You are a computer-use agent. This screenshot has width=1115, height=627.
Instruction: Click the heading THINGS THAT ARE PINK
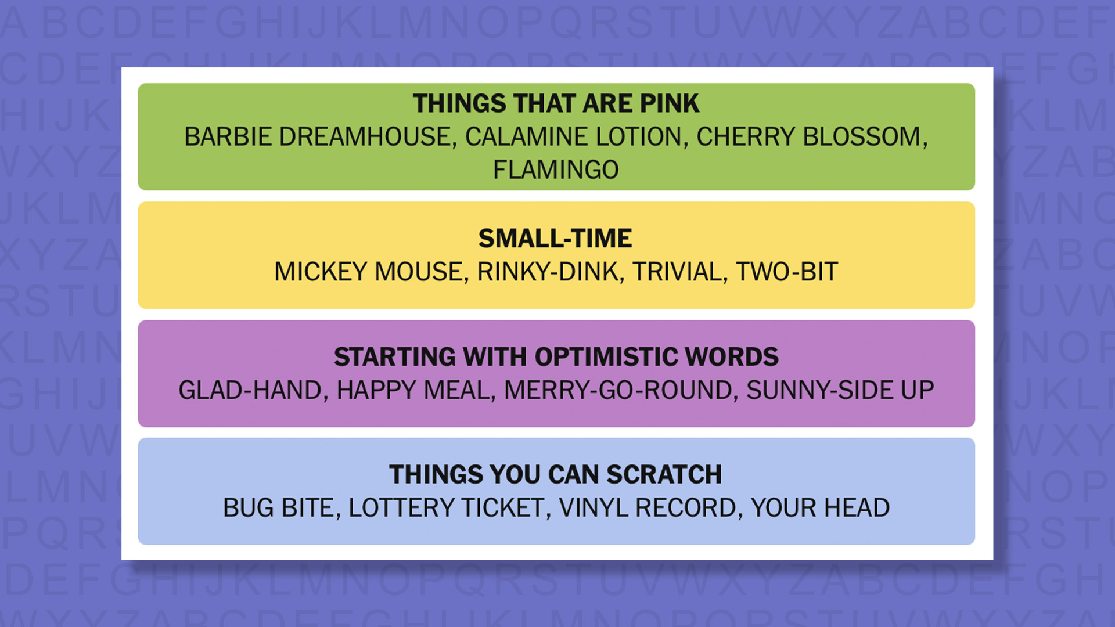tap(556, 103)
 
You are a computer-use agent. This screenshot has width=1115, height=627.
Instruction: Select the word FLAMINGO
tap(556, 170)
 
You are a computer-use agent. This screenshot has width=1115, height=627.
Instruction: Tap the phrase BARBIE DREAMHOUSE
tap(317, 137)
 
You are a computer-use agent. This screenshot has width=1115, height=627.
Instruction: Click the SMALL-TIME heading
tap(555, 239)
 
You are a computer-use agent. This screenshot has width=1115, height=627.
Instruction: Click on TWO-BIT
tap(787, 272)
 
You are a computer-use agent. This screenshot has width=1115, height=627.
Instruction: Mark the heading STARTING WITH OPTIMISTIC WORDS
tap(556, 357)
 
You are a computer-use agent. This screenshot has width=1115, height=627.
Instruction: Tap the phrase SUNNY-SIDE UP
tap(840, 390)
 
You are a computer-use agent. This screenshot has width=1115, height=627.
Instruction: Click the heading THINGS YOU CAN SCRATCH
tap(556, 475)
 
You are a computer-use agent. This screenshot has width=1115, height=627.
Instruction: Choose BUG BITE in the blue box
tap(281, 508)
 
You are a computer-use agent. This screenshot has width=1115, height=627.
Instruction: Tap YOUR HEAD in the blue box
tap(820, 508)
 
